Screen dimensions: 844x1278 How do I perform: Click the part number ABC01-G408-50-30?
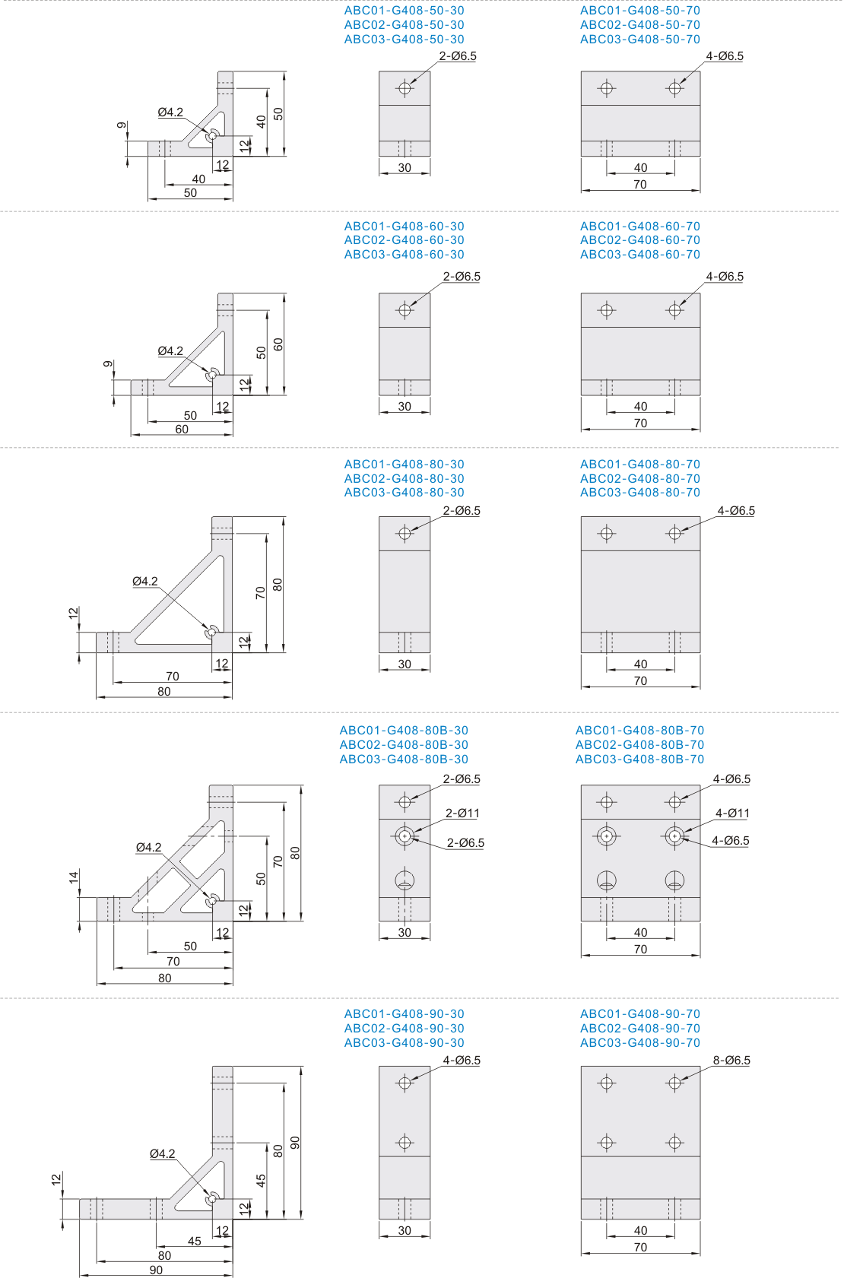[404, 11]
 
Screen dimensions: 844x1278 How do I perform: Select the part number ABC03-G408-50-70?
[639, 40]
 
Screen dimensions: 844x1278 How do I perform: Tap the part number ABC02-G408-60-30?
[404, 240]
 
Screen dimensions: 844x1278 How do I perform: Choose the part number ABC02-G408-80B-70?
[639, 744]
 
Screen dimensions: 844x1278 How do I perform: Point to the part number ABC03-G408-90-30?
[404, 1042]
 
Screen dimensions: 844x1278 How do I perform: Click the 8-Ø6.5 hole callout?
[731, 1060]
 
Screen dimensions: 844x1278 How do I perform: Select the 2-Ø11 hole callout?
[462, 813]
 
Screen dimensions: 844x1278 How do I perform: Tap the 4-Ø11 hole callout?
[732, 813]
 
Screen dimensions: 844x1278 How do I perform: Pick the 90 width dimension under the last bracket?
[156, 1270]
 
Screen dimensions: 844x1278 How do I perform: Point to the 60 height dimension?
[278, 344]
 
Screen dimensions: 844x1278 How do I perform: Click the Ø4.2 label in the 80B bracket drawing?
[148, 847]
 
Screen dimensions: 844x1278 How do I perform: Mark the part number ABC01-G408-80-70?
[639, 465]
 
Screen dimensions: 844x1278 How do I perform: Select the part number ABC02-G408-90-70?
[639, 1028]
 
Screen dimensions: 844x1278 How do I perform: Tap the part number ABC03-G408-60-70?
[639, 255]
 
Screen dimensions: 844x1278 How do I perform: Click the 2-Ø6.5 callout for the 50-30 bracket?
[458, 56]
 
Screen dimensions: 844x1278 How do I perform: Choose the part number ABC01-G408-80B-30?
[404, 731]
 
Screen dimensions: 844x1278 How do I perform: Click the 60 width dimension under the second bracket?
[182, 429]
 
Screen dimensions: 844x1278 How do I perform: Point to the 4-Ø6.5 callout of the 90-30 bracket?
[462, 1060]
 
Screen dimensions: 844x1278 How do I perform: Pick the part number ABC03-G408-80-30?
[404, 493]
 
